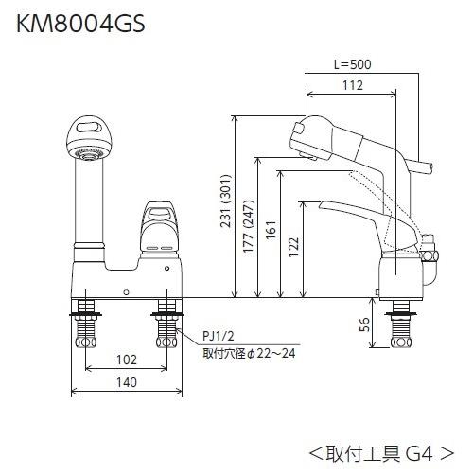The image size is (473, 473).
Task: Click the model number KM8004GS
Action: click(x=79, y=24)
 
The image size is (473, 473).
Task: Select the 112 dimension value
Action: click(x=354, y=86)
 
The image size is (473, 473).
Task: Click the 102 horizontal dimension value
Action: click(x=127, y=359)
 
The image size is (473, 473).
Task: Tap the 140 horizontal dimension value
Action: click(x=127, y=382)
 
